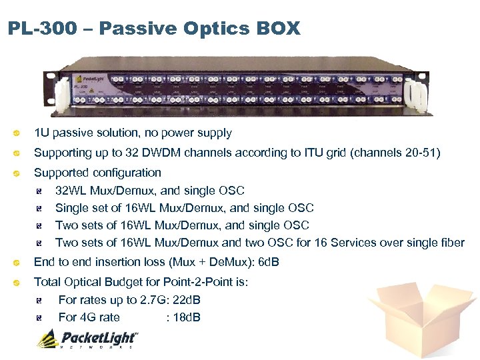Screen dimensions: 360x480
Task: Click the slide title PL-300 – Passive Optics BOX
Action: tap(154, 29)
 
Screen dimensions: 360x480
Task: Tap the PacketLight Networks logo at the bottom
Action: tap(87, 339)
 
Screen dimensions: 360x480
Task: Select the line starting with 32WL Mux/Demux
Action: tap(149, 191)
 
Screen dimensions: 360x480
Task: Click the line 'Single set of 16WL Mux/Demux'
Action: tap(184, 209)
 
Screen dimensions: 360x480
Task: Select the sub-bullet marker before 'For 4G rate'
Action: tap(41, 318)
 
